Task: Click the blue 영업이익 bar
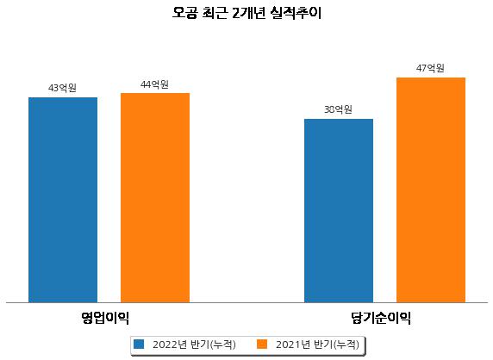point(63,200)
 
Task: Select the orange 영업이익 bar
point(155,198)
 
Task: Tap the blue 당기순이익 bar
point(339,211)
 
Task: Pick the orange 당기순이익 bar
point(431,190)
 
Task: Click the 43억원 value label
point(62,88)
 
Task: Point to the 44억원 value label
point(154,84)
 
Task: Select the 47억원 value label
point(430,68)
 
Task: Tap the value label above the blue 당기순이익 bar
point(338,109)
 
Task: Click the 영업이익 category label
point(105,318)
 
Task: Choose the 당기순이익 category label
point(381,318)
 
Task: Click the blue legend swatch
point(139,344)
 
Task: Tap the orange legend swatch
point(262,344)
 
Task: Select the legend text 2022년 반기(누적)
point(194,344)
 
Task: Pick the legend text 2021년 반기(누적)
point(317,344)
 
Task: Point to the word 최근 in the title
point(215,13)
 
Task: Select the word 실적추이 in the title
point(296,13)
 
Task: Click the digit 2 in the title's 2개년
point(236,14)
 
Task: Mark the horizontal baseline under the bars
point(246,303)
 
